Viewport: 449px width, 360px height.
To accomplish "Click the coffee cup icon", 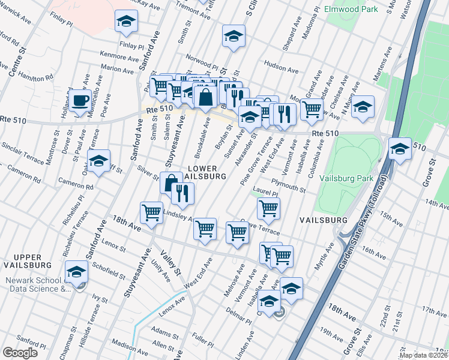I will point(80,101).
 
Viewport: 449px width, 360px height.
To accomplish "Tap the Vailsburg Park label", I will point(346,178).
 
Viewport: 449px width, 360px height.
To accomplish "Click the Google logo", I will point(20,352).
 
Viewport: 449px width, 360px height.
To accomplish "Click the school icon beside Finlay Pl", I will point(127,22).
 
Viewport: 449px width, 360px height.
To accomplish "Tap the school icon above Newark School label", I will point(76,272).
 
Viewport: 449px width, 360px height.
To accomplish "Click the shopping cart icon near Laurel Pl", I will point(268,208).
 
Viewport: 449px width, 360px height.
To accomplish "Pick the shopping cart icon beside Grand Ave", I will point(311,110).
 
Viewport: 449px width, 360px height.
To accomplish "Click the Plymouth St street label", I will point(288,185).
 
